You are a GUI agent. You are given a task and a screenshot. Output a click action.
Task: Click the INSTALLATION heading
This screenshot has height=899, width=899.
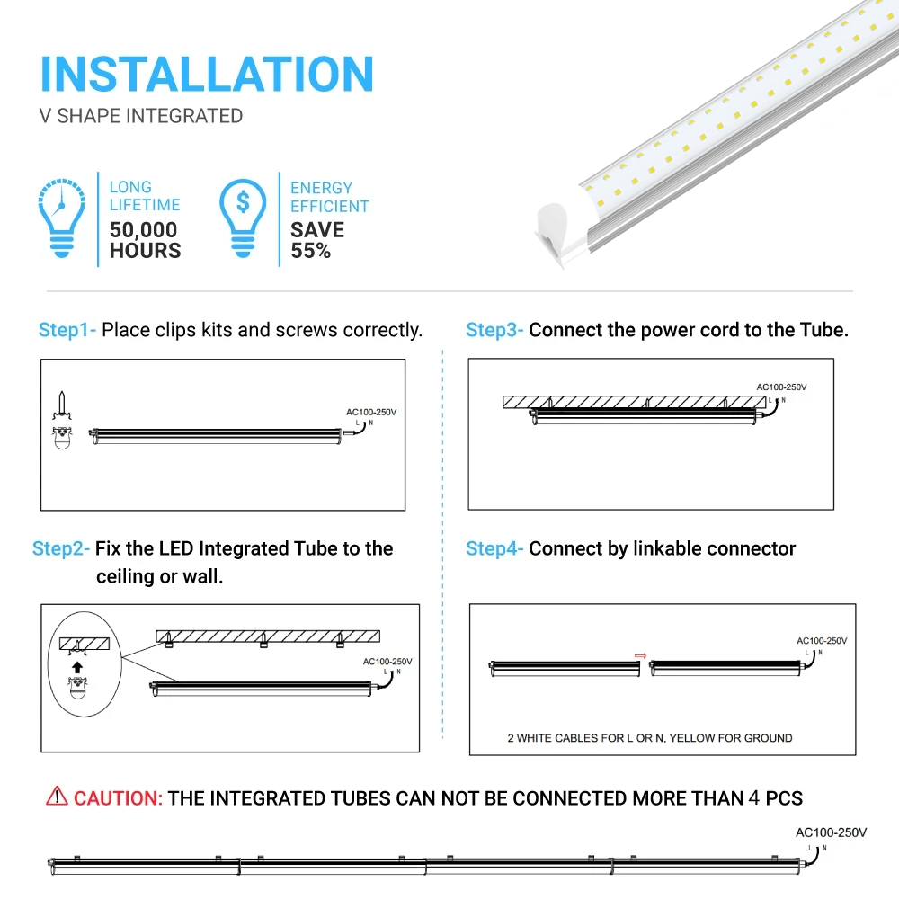pyautogui.click(x=207, y=74)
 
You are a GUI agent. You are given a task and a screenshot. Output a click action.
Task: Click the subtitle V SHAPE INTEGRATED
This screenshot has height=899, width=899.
pyautogui.click(x=141, y=116)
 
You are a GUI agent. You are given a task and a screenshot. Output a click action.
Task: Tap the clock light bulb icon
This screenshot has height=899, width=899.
pyautogui.click(x=62, y=218)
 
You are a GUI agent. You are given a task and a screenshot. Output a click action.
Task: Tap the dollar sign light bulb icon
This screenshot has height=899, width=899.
pyautogui.click(x=243, y=218)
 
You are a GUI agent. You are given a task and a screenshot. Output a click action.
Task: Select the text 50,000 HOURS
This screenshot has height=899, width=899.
pyautogui.click(x=145, y=240)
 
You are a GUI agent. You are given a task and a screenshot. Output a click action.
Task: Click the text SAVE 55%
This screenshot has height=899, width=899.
pyautogui.click(x=316, y=240)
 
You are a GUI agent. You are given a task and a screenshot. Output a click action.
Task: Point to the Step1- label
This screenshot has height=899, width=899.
pyautogui.click(x=67, y=330)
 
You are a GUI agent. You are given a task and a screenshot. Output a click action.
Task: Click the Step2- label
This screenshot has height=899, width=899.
pyautogui.click(x=61, y=548)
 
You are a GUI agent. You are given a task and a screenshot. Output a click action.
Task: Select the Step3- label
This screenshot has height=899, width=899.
pyautogui.click(x=494, y=330)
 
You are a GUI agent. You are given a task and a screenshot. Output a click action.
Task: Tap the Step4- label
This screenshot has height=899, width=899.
pyautogui.click(x=494, y=548)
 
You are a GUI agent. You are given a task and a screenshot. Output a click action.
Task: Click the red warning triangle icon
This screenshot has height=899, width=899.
pyautogui.click(x=57, y=797)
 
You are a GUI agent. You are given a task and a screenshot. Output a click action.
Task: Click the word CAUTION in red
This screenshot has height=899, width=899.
pyautogui.click(x=118, y=798)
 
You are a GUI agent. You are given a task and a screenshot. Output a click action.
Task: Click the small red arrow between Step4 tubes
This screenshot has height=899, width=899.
pyautogui.click(x=640, y=656)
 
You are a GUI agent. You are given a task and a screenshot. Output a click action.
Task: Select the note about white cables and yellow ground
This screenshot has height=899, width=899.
pyautogui.click(x=649, y=738)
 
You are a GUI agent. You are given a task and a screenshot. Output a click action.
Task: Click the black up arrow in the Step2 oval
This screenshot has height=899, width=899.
pyautogui.click(x=77, y=668)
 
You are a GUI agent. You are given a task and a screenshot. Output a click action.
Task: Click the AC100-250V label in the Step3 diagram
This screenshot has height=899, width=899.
pyautogui.click(x=781, y=387)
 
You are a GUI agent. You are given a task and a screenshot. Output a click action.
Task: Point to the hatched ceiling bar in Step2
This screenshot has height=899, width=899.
pyautogui.click(x=268, y=636)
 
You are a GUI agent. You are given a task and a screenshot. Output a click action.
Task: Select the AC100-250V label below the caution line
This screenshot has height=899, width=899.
pyautogui.click(x=831, y=832)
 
